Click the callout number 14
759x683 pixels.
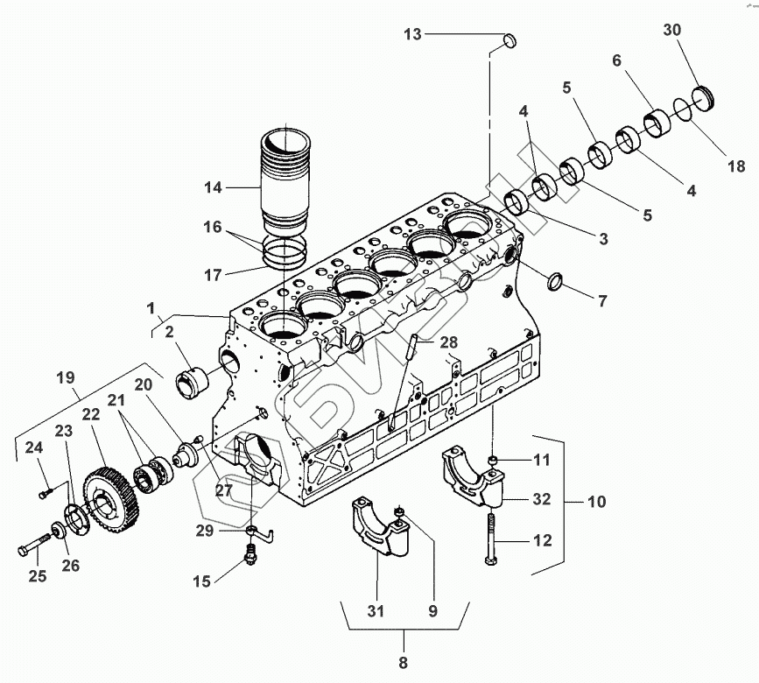(x=214, y=187)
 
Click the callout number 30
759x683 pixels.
(x=672, y=30)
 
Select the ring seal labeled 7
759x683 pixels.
(x=555, y=282)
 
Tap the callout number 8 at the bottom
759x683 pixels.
(x=404, y=663)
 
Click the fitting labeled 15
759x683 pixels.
(x=251, y=554)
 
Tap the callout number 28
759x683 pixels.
(x=449, y=341)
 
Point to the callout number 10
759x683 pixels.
(x=596, y=503)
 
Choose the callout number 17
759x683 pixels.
(x=214, y=274)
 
